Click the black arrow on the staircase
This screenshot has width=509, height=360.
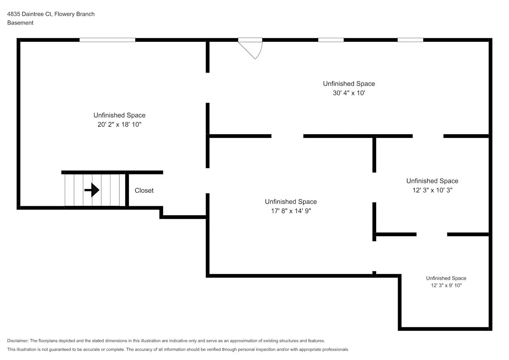tap(92, 190)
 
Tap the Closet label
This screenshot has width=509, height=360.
tap(144, 190)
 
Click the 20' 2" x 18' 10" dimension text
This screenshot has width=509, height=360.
tap(120, 125)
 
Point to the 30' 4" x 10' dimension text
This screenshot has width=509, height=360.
tap(349, 93)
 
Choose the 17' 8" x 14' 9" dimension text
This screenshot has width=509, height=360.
tap(291, 211)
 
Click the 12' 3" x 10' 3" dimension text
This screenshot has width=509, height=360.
tap(432, 190)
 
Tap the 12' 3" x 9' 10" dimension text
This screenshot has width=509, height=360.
tap(446, 285)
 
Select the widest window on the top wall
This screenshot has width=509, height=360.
tap(107, 40)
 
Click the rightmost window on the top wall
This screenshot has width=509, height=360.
tap(410, 40)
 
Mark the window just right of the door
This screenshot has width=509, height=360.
tap(330, 40)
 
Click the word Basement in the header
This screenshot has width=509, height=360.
tap(20, 23)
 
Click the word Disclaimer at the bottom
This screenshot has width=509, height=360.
tap(18, 341)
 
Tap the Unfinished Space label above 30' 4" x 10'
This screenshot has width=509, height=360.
tap(349, 84)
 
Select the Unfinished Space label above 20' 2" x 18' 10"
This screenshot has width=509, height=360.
tap(120, 115)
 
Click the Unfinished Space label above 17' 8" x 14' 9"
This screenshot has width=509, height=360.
tap(291, 202)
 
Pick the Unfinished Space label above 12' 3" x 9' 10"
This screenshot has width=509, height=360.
tap(446, 278)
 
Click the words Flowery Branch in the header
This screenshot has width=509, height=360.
tap(75, 14)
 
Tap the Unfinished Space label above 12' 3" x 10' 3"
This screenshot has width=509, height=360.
tap(432, 181)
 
